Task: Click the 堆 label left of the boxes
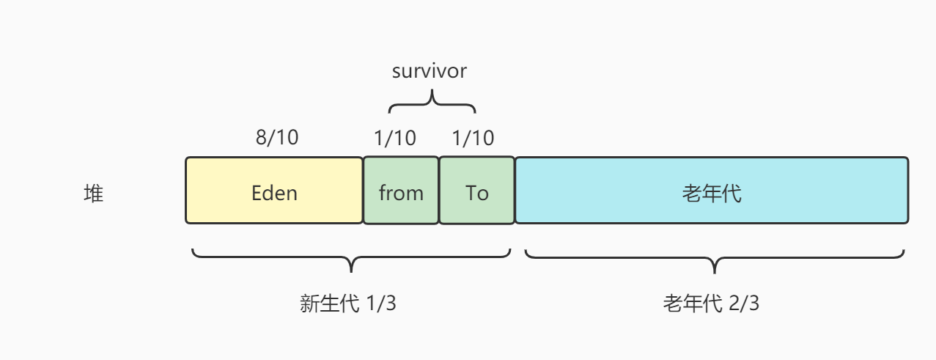pos(94,194)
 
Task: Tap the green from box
pos(401,209)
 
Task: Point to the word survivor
pos(430,71)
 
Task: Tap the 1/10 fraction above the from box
pos(394,137)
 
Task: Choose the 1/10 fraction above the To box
pos(473,137)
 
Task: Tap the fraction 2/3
pos(744,304)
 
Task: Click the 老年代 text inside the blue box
pos(712,194)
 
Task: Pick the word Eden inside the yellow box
pos(274,193)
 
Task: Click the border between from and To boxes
pos(439,190)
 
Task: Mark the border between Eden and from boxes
pos(364,190)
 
